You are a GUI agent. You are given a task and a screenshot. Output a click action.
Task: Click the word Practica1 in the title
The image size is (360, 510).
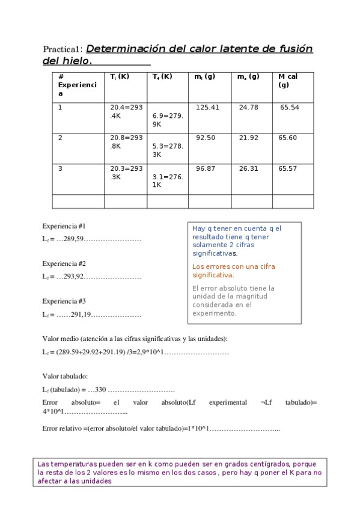[64, 49]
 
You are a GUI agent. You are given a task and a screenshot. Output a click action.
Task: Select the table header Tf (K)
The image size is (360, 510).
[162, 77]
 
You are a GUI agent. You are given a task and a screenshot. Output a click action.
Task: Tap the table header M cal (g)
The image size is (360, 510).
[288, 81]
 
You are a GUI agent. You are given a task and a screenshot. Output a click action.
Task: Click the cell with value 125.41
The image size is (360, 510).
[207, 108]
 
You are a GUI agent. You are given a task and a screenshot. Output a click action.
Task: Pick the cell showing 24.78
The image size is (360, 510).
[248, 108]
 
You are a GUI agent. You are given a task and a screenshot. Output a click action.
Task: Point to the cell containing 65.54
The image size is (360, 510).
[290, 108]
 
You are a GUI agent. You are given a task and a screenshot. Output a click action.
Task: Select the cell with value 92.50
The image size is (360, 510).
[206, 138]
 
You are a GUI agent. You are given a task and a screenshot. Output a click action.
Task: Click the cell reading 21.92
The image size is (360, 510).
[248, 138]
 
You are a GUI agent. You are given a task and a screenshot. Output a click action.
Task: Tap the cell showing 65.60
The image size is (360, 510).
[288, 138]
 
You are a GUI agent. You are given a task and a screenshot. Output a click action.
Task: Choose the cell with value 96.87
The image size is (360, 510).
[206, 168]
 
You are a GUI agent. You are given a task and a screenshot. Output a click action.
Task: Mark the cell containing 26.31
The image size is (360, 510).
[248, 168]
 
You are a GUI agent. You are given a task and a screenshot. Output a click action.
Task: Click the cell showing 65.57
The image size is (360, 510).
[288, 168]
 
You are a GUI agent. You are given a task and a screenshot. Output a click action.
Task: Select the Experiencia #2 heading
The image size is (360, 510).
[64, 263]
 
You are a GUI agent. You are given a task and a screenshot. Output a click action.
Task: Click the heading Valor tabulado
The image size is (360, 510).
[65, 376]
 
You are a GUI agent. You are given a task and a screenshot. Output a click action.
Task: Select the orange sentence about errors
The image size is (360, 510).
[234, 271]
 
